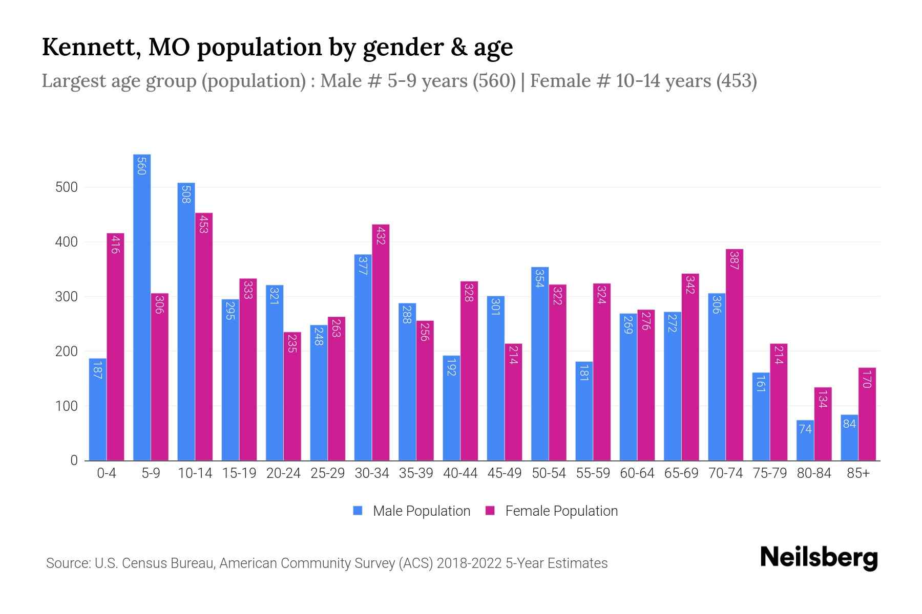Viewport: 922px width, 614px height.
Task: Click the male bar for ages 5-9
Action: [142, 307]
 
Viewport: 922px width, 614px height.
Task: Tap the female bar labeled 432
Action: [381, 342]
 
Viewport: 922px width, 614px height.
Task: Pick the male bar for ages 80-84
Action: [805, 441]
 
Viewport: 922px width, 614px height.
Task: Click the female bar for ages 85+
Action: [867, 414]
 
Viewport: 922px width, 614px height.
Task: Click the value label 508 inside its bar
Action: [186, 194]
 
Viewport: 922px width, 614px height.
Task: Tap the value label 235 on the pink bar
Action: [292, 343]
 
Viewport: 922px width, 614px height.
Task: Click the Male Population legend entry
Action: [412, 511]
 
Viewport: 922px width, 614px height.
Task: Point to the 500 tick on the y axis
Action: [67, 187]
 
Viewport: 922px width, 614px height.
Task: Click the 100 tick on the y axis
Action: [67, 406]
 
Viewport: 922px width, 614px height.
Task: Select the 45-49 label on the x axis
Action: [504, 473]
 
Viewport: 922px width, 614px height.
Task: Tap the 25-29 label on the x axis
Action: [327, 473]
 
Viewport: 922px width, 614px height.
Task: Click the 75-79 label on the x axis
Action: [769, 473]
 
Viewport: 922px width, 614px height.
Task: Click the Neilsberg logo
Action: [819, 558]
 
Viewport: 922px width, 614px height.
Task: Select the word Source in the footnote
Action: [67, 563]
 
